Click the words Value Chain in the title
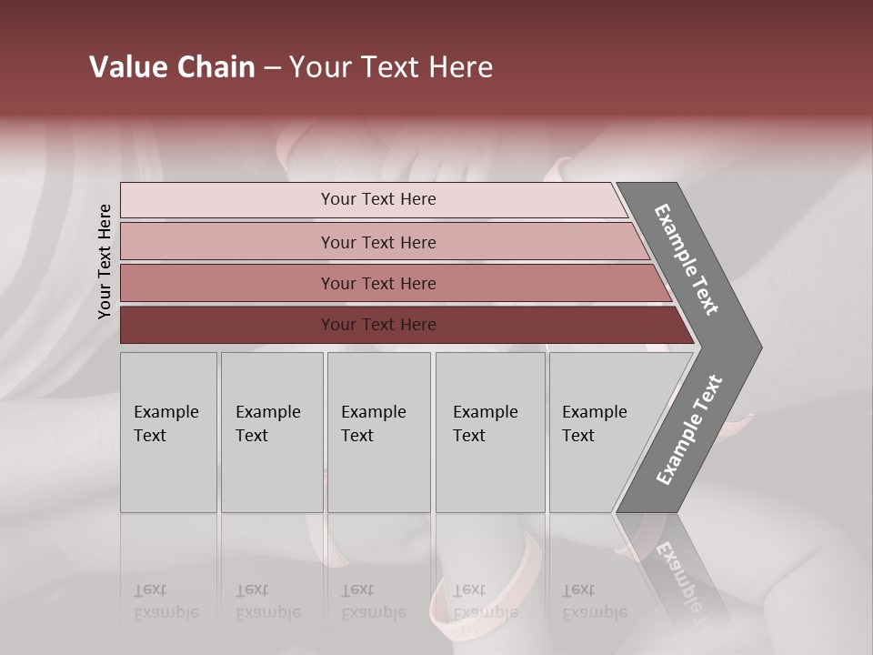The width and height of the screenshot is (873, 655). [x=172, y=67]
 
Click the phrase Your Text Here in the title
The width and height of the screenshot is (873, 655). [x=391, y=67]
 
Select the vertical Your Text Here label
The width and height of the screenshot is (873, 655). [x=105, y=261]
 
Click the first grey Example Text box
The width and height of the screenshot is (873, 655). [x=168, y=432]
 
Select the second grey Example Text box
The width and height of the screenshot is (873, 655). [x=271, y=432]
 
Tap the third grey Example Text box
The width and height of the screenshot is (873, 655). [x=378, y=432]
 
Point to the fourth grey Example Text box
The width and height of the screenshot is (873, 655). [x=489, y=432]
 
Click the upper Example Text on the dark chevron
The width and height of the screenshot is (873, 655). [x=687, y=259]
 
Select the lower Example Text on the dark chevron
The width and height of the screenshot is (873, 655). [x=688, y=430]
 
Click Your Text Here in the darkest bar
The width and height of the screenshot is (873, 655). [x=378, y=325]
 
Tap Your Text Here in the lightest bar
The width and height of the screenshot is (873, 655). [x=378, y=199]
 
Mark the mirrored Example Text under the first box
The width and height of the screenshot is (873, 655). [x=166, y=601]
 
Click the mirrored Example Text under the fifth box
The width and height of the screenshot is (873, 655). [x=594, y=601]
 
